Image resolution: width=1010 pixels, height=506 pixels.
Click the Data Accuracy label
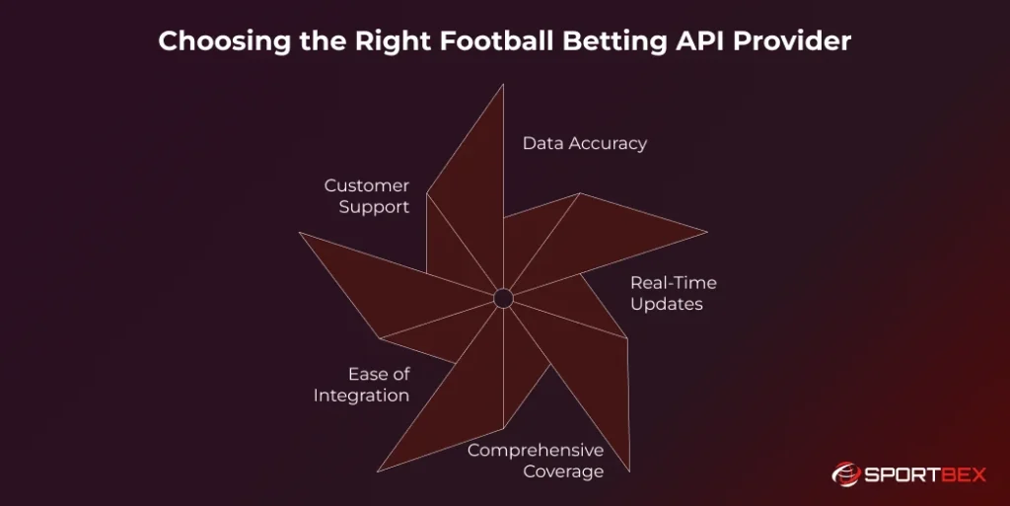click(584, 143)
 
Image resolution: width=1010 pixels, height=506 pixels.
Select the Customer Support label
click(367, 196)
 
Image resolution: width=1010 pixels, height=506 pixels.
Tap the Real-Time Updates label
click(673, 293)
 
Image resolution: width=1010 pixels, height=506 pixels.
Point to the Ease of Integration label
click(362, 385)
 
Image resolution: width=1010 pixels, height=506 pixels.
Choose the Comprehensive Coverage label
click(535, 461)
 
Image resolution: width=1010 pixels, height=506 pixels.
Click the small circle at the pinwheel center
click(503, 298)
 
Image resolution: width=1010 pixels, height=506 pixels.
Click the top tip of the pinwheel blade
click(503, 85)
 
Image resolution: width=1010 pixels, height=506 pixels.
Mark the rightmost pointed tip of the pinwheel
click(706, 232)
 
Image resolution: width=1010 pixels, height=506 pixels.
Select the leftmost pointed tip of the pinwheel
click(300, 233)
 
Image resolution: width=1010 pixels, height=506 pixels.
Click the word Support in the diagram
click(375, 207)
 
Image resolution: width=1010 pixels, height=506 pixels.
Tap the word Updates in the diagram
click(667, 304)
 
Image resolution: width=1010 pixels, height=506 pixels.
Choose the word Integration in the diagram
click(362, 396)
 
